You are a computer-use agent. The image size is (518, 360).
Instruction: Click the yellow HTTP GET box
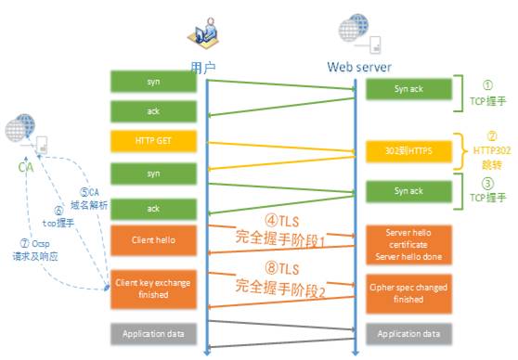(x=153, y=142)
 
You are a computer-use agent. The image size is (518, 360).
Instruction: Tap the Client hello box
(x=153, y=239)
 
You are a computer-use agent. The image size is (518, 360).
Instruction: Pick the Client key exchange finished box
(x=153, y=288)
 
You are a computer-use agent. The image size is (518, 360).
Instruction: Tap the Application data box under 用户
(x=153, y=333)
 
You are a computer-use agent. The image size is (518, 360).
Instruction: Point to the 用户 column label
(x=204, y=67)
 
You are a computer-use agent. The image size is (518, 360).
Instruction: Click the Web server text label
(x=357, y=67)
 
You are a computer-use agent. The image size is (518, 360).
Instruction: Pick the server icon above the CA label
(x=26, y=135)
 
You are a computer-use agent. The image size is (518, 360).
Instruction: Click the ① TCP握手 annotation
(x=483, y=92)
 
